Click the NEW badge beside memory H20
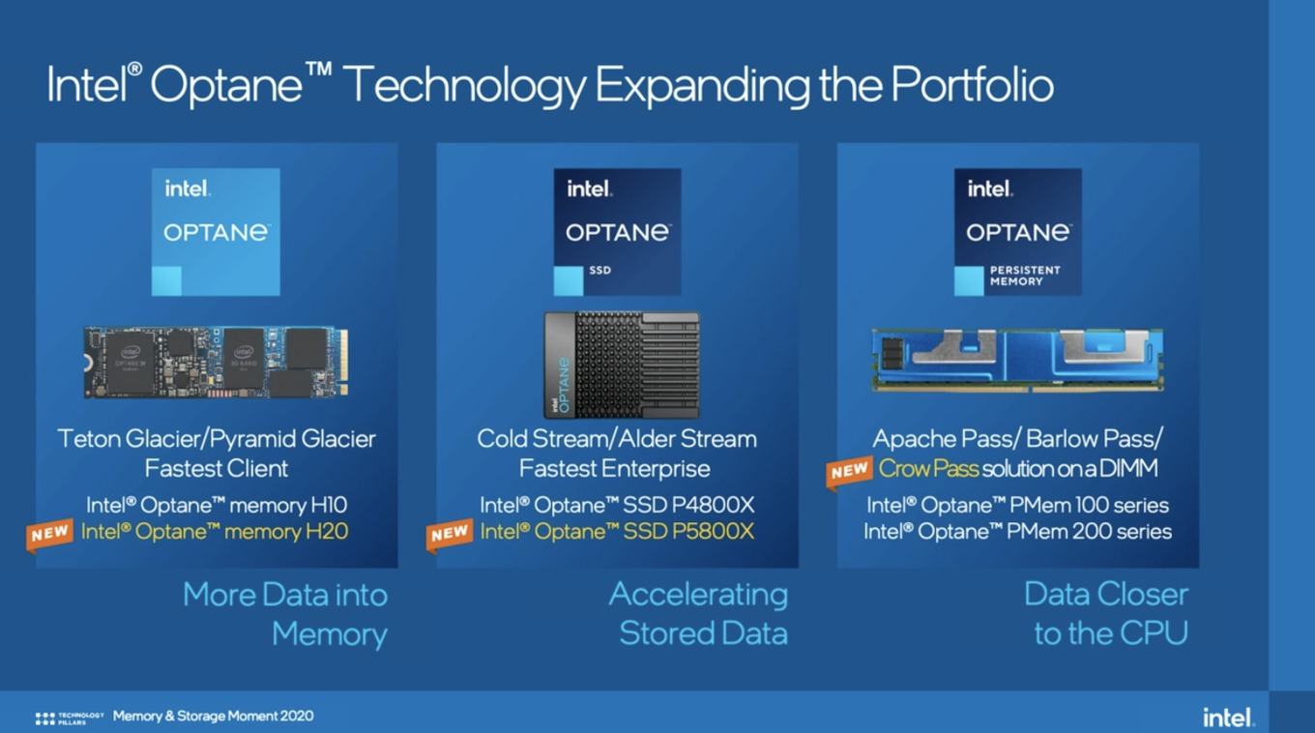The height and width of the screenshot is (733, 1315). click(50, 534)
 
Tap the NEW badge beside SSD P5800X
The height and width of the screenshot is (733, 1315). click(450, 534)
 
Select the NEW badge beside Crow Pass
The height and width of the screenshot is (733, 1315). click(849, 471)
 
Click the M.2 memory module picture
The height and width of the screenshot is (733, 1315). click(217, 361)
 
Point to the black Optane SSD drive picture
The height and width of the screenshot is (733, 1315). click(621, 364)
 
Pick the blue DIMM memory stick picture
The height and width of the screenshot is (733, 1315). click(1017, 359)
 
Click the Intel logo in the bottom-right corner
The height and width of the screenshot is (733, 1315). click(1228, 718)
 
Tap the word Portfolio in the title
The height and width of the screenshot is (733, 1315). click(971, 85)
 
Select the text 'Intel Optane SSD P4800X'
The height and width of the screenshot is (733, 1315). click(617, 505)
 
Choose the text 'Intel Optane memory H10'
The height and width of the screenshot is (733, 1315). click(217, 505)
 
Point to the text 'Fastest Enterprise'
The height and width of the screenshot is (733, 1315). click(615, 469)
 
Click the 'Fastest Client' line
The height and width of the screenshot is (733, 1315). click(217, 469)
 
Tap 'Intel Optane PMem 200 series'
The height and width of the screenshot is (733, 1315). click(1017, 531)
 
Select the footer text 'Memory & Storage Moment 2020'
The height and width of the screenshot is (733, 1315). click(213, 717)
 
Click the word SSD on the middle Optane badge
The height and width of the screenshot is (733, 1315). click(599, 271)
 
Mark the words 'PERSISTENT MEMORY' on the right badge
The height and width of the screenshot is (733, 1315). click(1025, 276)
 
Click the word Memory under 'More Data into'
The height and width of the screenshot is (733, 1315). click(329, 634)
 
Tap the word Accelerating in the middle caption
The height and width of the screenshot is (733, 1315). click(698, 594)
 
